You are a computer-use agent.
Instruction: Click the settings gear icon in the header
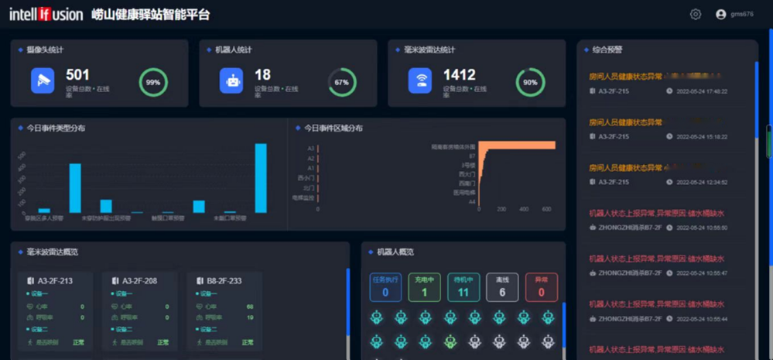(696, 14)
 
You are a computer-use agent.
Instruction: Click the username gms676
(741, 14)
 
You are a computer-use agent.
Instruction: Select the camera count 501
(77, 75)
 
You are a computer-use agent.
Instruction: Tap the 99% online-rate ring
(153, 82)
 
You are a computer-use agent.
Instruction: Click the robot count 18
(263, 75)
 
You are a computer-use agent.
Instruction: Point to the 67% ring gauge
(342, 82)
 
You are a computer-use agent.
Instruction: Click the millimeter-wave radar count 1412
(459, 75)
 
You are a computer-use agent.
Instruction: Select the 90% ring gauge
(530, 82)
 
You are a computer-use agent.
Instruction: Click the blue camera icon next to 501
(43, 81)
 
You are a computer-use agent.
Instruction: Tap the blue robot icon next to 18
(231, 81)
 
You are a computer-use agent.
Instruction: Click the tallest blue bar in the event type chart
(261, 178)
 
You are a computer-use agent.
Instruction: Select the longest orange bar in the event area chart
(516, 146)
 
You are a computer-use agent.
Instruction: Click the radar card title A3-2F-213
(55, 281)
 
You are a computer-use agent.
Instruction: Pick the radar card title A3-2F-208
(139, 281)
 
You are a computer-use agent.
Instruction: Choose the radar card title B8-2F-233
(224, 281)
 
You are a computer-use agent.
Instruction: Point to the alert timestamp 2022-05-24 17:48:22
(702, 91)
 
